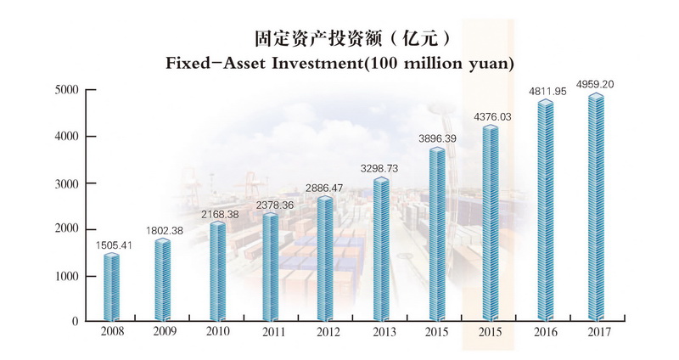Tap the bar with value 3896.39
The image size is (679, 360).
(x=436, y=236)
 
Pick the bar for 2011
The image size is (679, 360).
(x=271, y=268)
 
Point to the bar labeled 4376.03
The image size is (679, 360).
(x=491, y=225)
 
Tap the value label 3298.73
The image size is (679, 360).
(x=381, y=170)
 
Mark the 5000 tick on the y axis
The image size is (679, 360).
(x=67, y=90)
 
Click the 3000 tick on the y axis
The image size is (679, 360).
(x=67, y=183)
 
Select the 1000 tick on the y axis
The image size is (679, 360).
(x=67, y=276)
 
